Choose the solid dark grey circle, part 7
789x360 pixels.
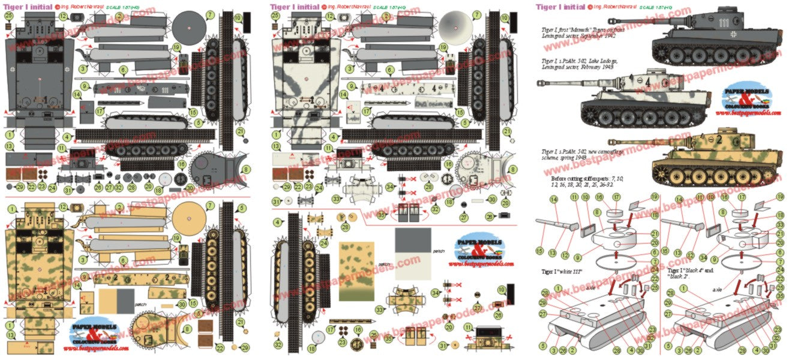click(190, 28)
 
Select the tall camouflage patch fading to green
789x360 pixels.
click(356, 272)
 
